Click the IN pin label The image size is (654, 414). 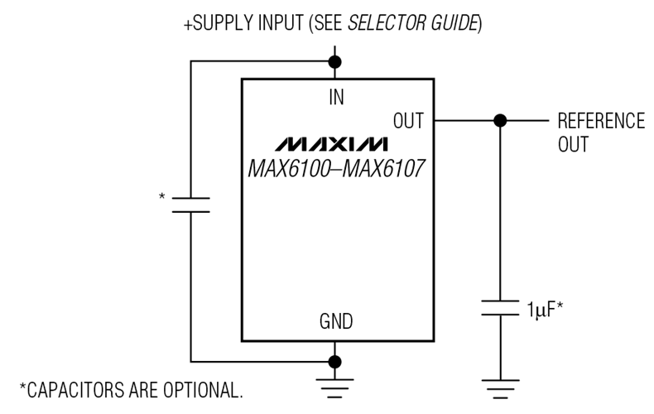pos(335,97)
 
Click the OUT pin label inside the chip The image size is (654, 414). pos(408,121)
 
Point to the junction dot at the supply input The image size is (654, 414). pos(335,62)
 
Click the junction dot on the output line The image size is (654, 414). pos(499,121)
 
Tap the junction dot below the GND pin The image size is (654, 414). pos(335,362)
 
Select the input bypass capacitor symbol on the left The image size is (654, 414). pos(191,205)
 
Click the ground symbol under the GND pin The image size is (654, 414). pos(335,383)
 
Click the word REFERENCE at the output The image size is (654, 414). pos(600,121)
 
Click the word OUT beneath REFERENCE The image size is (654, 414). pos(573,145)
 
